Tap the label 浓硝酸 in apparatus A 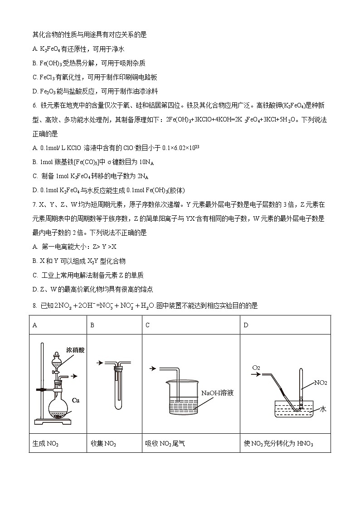point(75,350)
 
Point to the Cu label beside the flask point(76,400)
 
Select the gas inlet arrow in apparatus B point(100,363)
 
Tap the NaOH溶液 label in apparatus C point(218,393)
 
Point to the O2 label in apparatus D point(256,367)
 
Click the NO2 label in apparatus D point(321,383)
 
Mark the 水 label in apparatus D point(323,409)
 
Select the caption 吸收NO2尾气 point(165,444)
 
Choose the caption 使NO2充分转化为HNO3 point(278,444)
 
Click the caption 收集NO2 point(103,444)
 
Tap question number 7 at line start point(34,205)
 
